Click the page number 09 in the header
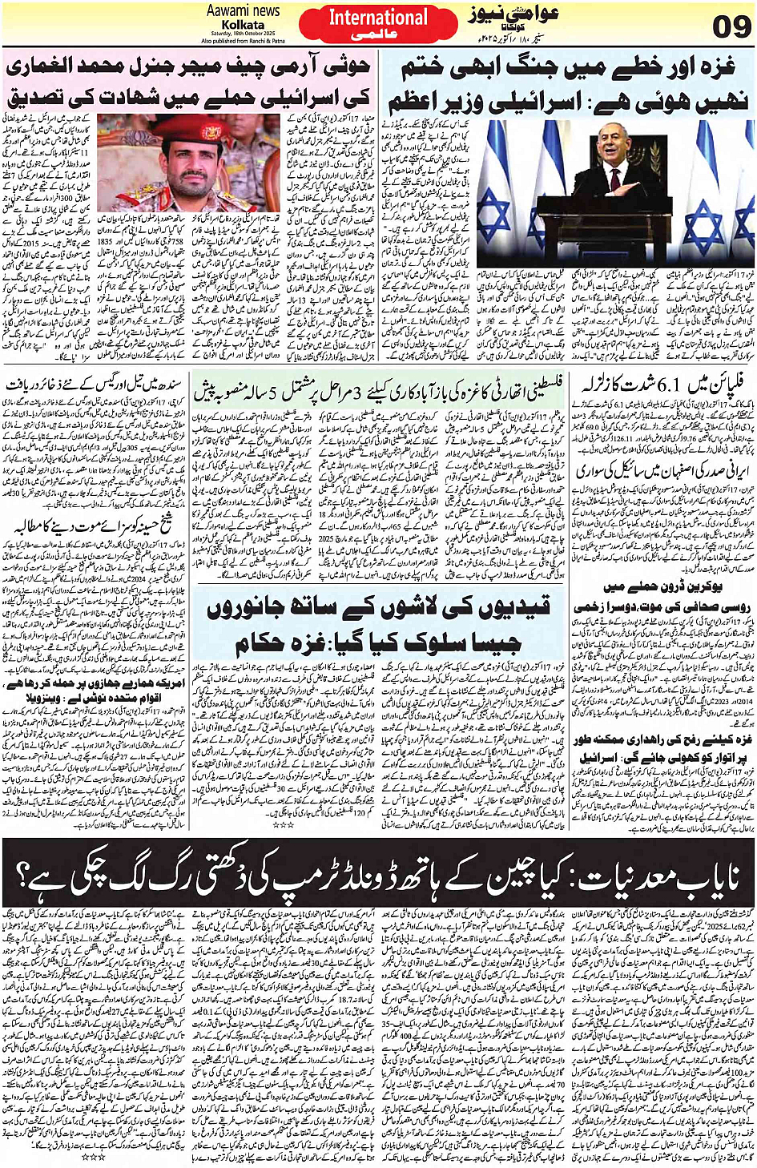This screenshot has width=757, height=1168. pos(731,26)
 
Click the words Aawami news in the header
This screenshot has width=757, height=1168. pos(244,11)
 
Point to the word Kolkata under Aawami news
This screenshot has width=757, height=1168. pos(243,25)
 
